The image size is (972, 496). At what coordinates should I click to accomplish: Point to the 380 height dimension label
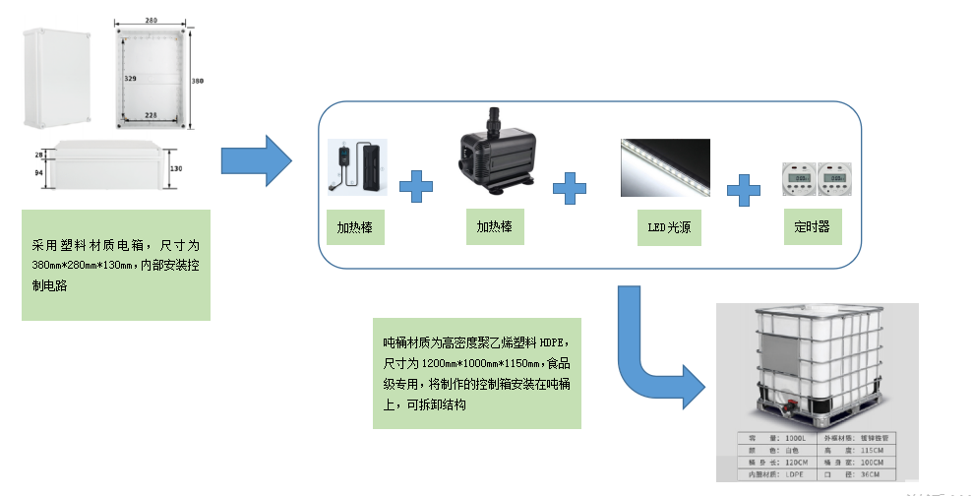tap(197, 81)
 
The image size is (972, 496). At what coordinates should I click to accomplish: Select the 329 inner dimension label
tap(130, 77)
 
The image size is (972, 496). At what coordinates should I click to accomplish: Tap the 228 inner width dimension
tap(151, 115)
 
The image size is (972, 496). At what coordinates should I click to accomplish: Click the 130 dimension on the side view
tap(176, 168)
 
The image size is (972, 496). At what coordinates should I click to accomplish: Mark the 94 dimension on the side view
tap(39, 172)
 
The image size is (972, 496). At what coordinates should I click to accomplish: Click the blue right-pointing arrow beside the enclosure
tap(256, 159)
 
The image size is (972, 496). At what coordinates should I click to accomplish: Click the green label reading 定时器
tap(812, 226)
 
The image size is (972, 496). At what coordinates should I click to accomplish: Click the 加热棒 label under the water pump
tap(495, 225)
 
